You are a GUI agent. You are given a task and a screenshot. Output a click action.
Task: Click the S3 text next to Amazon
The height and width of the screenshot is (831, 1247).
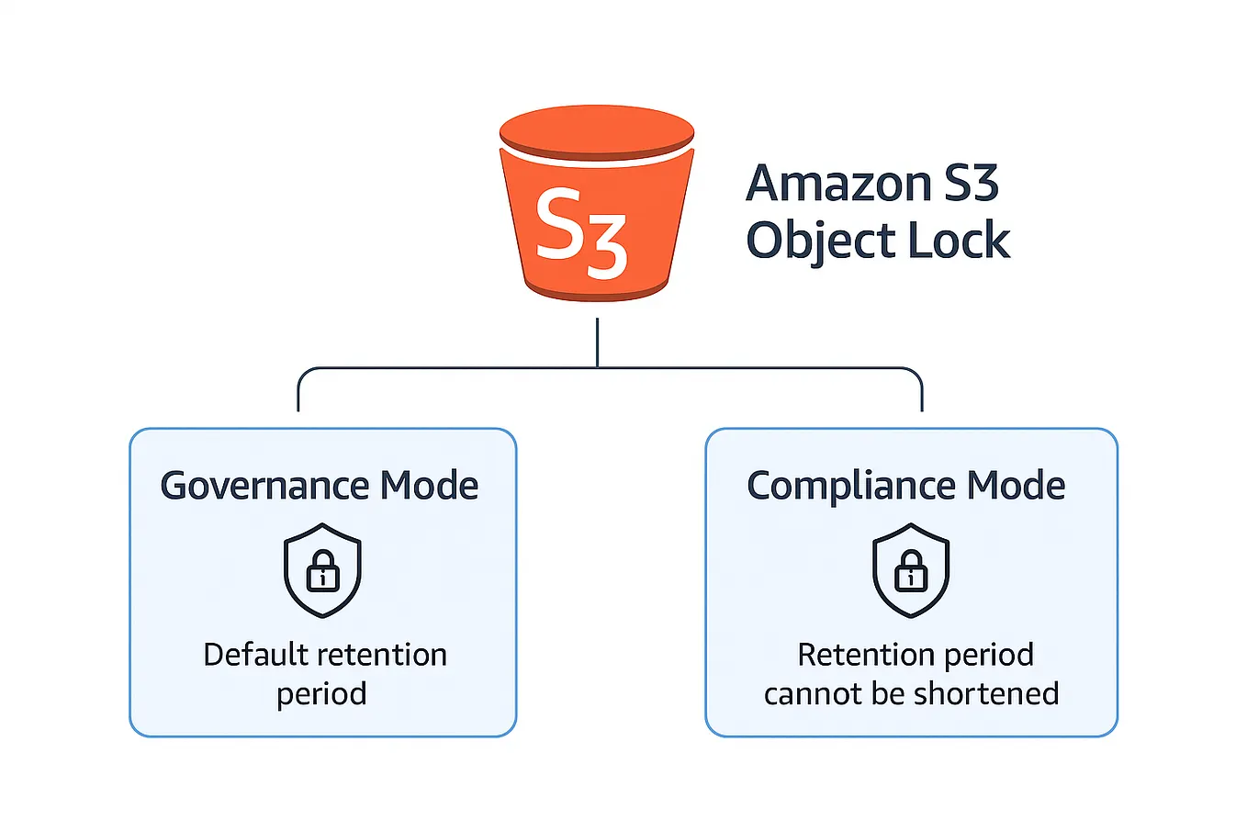[x=972, y=184]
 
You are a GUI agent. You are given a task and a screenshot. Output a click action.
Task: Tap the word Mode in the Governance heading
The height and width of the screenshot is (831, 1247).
[x=430, y=485]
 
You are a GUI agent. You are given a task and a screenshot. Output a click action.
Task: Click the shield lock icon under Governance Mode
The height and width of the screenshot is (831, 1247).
[x=322, y=570]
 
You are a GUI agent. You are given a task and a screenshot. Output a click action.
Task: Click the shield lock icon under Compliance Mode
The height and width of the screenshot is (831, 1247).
[x=911, y=570]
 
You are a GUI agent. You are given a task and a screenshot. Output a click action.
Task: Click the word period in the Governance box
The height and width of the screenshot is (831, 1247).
[x=321, y=694]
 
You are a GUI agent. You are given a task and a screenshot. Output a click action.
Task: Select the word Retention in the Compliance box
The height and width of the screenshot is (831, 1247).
[x=852, y=655]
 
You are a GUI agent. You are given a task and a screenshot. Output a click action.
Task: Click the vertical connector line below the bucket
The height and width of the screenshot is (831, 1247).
[x=598, y=342]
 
